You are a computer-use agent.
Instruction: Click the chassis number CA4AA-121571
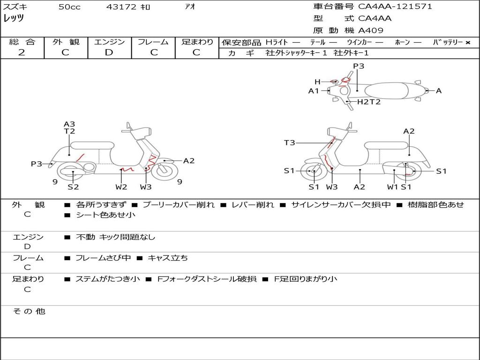pyautogui.click(x=395, y=7)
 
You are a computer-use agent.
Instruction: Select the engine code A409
pyautogui.click(x=371, y=30)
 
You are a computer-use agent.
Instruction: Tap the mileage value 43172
pyautogui.click(x=121, y=7)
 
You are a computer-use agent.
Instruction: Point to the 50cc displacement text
pyautogui.click(x=69, y=7)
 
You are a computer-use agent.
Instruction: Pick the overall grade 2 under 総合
pyautogui.click(x=22, y=52)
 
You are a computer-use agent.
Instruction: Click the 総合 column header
pyautogui.click(x=22, y=42)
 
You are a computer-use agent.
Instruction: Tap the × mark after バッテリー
pyautogui.click(x=467, y=42)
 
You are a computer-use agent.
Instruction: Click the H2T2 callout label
pyautogui.click(x=369, y=102)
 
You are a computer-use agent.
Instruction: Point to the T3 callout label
pyautogui.click(x=290, y=142)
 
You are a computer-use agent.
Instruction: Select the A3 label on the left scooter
pyautogui.click(x=69, y=124)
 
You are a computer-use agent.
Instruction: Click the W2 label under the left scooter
pyautogui.click(x=121, y=187)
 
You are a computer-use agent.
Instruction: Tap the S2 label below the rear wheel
pyautogui.click(x=73, y=187)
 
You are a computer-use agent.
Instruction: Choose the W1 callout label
pyautogui.click(x=392, y=187)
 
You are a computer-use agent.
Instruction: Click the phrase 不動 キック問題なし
pyautogui.click(x=115, y=237)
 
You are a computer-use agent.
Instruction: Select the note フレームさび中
pyautogui.click(x=103, y=258)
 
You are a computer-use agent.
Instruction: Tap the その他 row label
pyautogui.click(x=29, y=311)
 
